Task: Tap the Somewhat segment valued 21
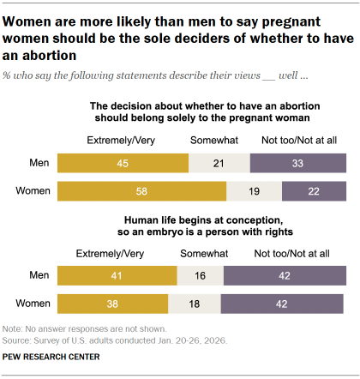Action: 219,165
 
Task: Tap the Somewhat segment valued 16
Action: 199,274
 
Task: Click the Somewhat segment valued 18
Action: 195,303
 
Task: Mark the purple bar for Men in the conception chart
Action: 284,274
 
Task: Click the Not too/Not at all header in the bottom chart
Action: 291,253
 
